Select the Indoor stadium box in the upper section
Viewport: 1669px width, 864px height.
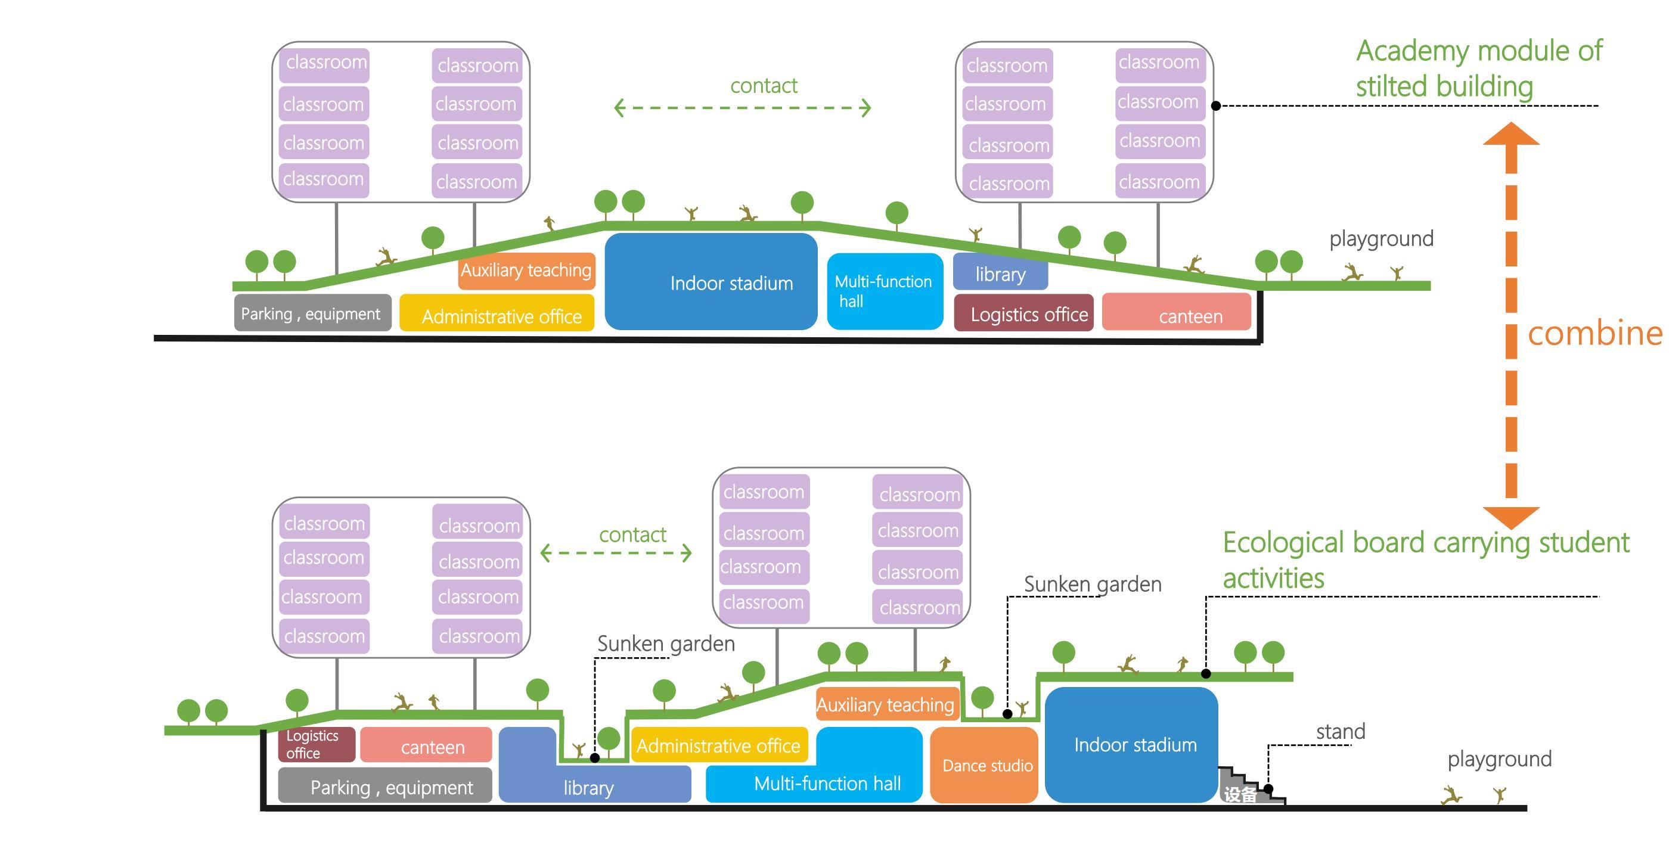coord(711,282)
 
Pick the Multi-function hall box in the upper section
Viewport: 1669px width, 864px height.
coord(885,291)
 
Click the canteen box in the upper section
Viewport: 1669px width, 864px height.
coord(1176,312)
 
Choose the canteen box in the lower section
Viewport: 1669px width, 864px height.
coord(426,745)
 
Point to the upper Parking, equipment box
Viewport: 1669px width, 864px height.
coord(312,313)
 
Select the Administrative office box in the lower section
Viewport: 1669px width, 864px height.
coord(719,745)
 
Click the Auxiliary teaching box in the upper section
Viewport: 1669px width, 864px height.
coord(526,270)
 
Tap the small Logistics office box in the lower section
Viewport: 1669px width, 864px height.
coord(316,744)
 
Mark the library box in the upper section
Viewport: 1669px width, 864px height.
coord(1000,274)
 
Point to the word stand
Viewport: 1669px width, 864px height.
coord(1341,731)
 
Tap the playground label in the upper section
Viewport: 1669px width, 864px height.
coord(1381,238)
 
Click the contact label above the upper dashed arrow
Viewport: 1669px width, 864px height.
coord(763,85)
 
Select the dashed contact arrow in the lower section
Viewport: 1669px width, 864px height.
coord(616,553)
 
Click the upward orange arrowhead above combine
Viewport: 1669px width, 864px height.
coord(1511,134)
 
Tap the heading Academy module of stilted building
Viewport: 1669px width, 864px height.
coord(1478,69)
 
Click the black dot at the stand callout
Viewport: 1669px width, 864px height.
coord(1268,789)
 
